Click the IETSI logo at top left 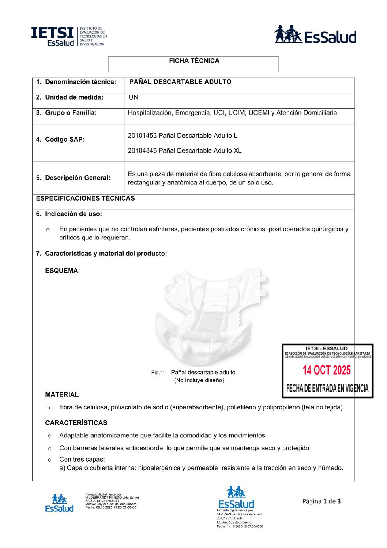pos(69,36)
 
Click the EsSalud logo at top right pos(315,35)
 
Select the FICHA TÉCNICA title pos(194,61)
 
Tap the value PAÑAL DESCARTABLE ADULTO pos(180,82)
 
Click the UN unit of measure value pos(133,97)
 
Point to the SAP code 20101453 pos(142,135)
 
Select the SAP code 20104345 pos(142,150)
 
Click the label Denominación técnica pos(80,82)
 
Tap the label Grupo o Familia pos(71,113)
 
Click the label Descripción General pos(77,178)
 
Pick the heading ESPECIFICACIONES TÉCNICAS pos(85,198)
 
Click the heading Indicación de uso pos(73,214)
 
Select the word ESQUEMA pos(62,271)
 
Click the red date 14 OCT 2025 pos(326,370)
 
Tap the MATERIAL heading pos(62,395)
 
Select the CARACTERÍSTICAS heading pos(76,423)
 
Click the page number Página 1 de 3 pos(321,501)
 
